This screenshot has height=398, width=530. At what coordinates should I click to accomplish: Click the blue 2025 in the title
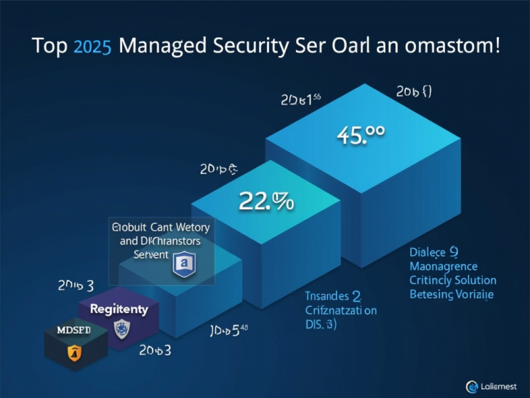(x=92, y=48)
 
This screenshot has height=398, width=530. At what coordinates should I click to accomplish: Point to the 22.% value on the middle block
(x=266, y=201)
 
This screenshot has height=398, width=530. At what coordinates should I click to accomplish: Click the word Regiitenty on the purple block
(x=119, y=309)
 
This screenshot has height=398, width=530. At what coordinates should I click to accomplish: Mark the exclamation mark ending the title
(x=498, y=47)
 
